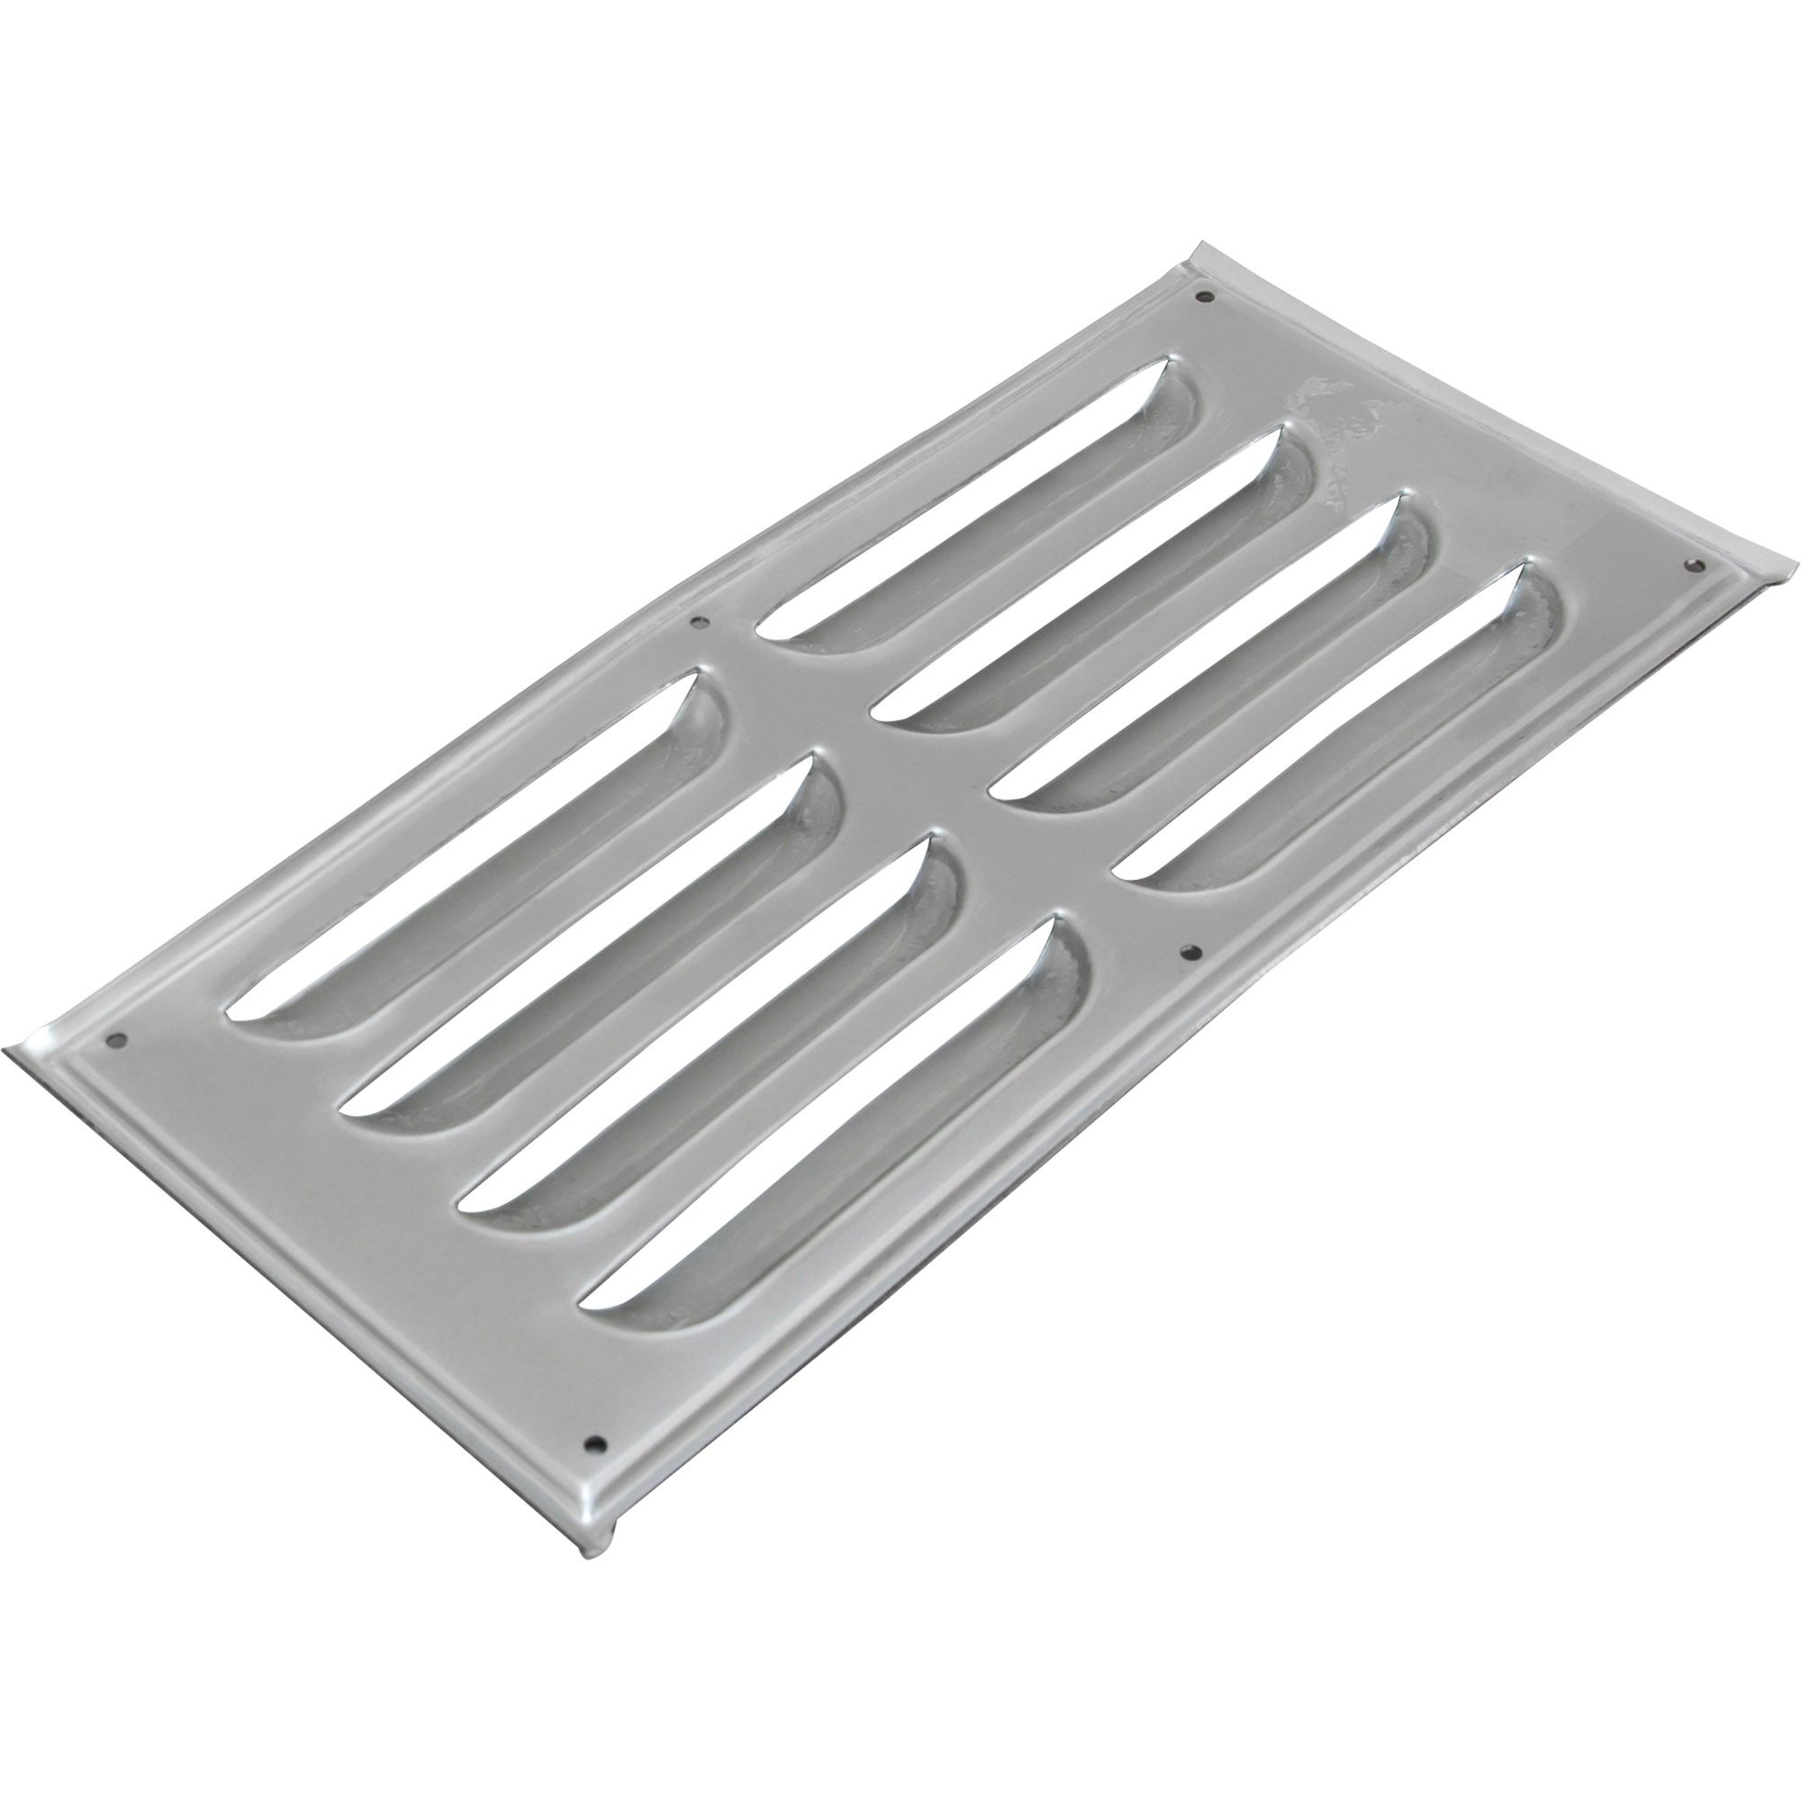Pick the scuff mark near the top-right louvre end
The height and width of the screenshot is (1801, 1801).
(1343, 410)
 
